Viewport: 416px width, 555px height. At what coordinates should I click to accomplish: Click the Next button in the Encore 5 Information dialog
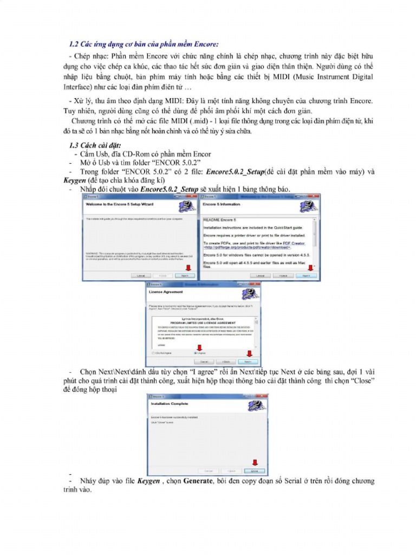coord(306,276)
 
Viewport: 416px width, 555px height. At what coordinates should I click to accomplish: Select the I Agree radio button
coord(196,353)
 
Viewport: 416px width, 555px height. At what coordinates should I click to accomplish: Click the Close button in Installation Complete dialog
coord(256,470)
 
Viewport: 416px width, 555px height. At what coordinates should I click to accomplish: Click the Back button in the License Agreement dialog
coord(226,361)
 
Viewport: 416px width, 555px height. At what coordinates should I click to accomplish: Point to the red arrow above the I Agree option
coord(198,347)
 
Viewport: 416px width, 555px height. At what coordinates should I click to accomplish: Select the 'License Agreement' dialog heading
coord(166,292)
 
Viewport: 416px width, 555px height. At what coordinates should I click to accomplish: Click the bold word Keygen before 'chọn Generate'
coord(148,481)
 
